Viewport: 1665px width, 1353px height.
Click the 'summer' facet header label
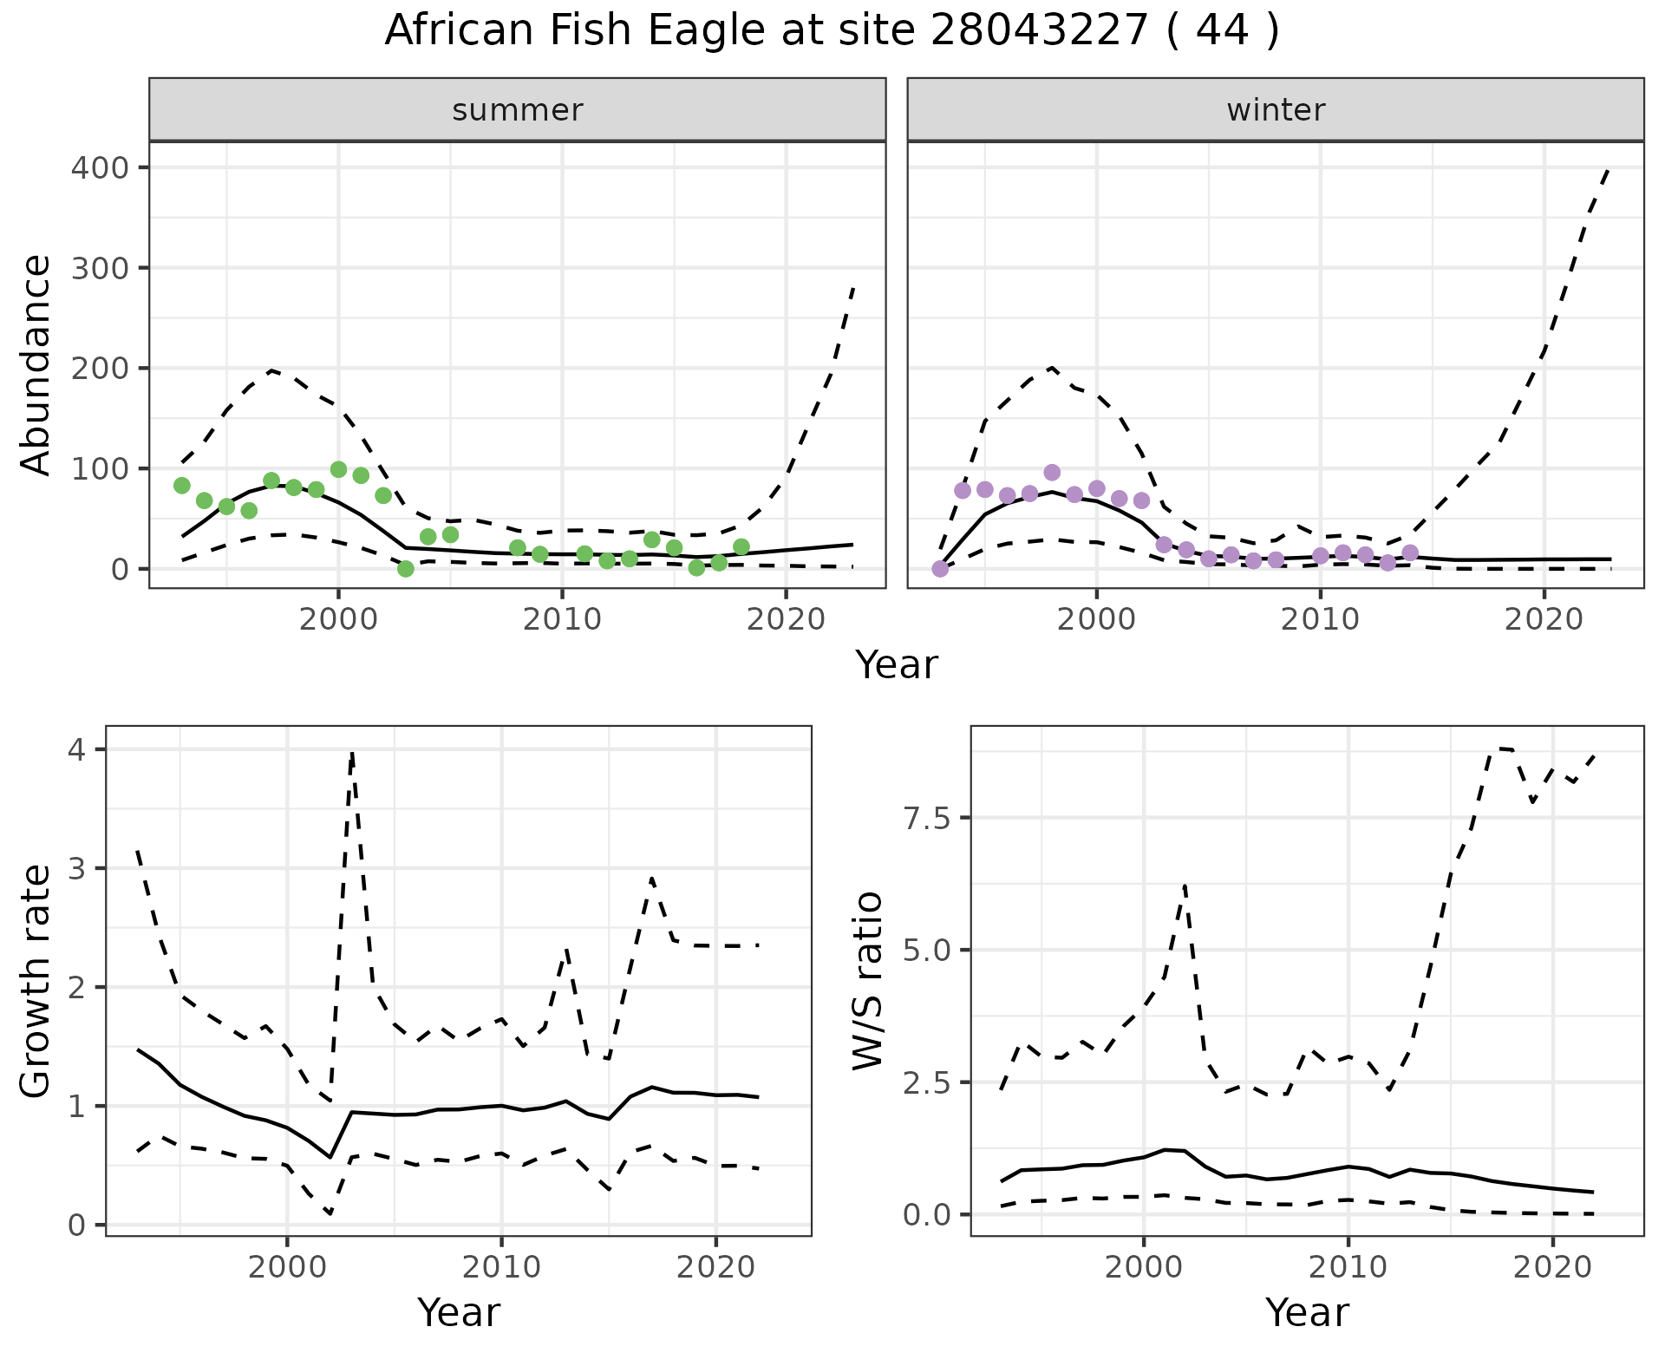(x=518, y=110)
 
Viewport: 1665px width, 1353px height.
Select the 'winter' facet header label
(x=1276, y=110)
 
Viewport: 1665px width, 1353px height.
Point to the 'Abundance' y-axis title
(x=36, y=365)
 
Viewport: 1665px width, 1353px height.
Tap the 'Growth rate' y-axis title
(x=36, y=982)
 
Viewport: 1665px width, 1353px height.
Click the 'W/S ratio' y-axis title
(x=867, y=982)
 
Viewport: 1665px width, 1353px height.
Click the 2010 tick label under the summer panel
(x=562, y=620)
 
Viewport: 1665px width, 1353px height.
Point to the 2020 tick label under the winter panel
(x=1544, y=620)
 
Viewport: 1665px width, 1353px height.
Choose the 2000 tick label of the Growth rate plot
(x=287, y=1268)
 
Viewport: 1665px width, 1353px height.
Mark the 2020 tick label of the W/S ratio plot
(x=1552, y=1268)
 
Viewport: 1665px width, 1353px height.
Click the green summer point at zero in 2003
(x=406, y=569)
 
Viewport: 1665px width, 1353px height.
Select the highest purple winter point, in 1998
(x=1052, y=473)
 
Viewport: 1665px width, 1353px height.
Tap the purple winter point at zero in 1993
(x=940, y=569)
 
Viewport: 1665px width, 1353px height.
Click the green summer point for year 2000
(x=339, y=470)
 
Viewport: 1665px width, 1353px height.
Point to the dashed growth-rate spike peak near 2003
(x=352, y=754)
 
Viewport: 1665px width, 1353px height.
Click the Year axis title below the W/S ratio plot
(x=1307, y=1313)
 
